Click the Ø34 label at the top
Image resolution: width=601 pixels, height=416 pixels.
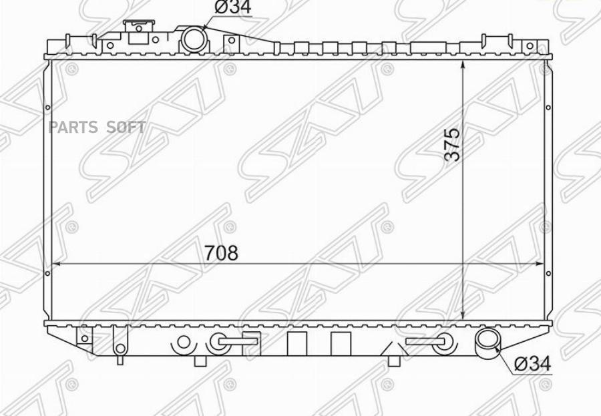(232, 7)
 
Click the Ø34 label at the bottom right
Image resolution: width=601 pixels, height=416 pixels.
(532, 363)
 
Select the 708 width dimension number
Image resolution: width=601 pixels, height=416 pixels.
(221, 252)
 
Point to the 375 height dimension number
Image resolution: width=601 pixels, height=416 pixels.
(451, 144)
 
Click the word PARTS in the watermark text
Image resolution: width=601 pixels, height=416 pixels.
(73, 127)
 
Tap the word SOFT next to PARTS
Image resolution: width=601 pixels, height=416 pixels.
(126, 127)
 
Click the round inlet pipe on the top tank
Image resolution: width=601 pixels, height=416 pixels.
(194, 39)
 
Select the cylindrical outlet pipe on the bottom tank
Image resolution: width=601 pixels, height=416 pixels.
(487, 342)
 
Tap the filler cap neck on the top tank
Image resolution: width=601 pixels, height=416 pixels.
(139, 31)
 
